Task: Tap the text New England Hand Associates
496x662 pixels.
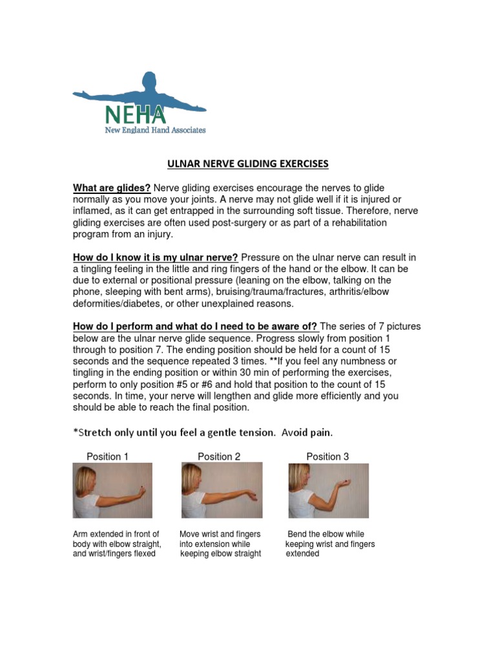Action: coord(155,130)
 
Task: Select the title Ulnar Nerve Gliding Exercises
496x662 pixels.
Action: coord(248,164)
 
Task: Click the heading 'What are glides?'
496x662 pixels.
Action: coord(112,188)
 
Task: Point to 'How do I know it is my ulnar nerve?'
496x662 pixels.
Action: coord(155,257)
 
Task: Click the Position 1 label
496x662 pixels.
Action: coord(108,456)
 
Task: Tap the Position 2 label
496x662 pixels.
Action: coord(219,456)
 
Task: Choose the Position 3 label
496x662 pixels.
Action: coord(327,456)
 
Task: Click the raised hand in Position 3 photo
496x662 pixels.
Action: coord(347,483)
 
